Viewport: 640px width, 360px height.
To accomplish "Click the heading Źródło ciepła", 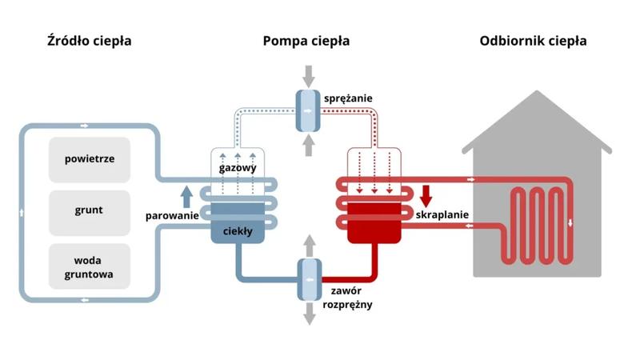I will [89, 41].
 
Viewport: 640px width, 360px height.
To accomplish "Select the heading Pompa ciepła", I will [306, 41].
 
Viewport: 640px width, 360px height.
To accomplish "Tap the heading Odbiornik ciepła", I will [532, 41].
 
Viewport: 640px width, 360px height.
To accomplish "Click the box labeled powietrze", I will [90, 158].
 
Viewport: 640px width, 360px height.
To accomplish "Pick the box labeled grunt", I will [90, 211].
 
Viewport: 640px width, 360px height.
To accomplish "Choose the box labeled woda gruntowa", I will [90, 266].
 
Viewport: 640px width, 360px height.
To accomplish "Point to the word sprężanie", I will [348, 98].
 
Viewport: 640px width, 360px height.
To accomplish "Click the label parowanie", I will [171, 216].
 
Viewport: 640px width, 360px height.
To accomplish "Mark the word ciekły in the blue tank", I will [238, 231].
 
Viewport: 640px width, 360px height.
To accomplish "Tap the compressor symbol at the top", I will [307, 110].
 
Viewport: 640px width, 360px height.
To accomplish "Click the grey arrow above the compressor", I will [307, 77].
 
